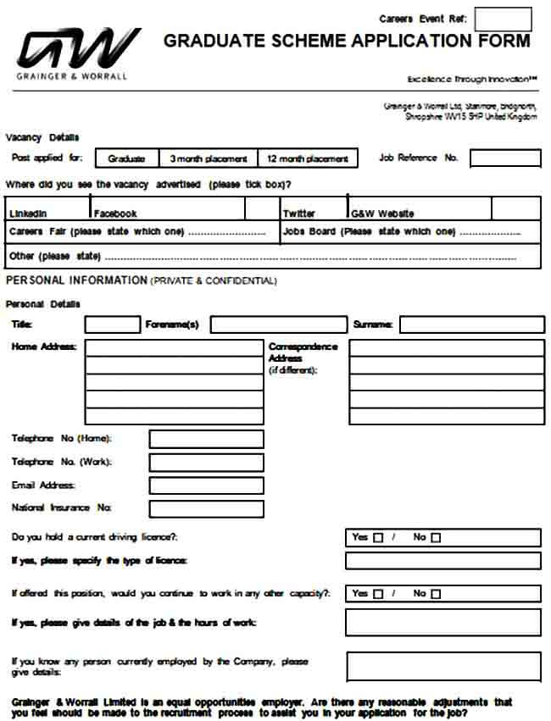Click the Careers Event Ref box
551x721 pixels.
[503, 19]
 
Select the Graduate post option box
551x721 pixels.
[127, 158]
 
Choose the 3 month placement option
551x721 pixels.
[209, 158]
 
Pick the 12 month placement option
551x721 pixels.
[308, 158]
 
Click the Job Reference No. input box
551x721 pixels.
[505, 158]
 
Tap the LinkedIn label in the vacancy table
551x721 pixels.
[28, 214]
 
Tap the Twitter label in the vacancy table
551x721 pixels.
[299, 214]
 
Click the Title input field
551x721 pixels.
[112, 324]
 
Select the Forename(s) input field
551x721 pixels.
[278, 324]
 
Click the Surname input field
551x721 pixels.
[471, 324]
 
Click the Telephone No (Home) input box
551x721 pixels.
[206, 439]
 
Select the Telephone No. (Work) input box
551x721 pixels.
[206, 463]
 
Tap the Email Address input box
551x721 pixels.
[206, 485]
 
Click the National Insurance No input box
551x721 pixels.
[206, 508]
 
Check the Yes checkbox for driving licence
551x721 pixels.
[378, 538]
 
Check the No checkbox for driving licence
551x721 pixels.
[436, 538]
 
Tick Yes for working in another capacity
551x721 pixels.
[378, 594]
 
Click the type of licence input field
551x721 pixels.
[442, 561]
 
